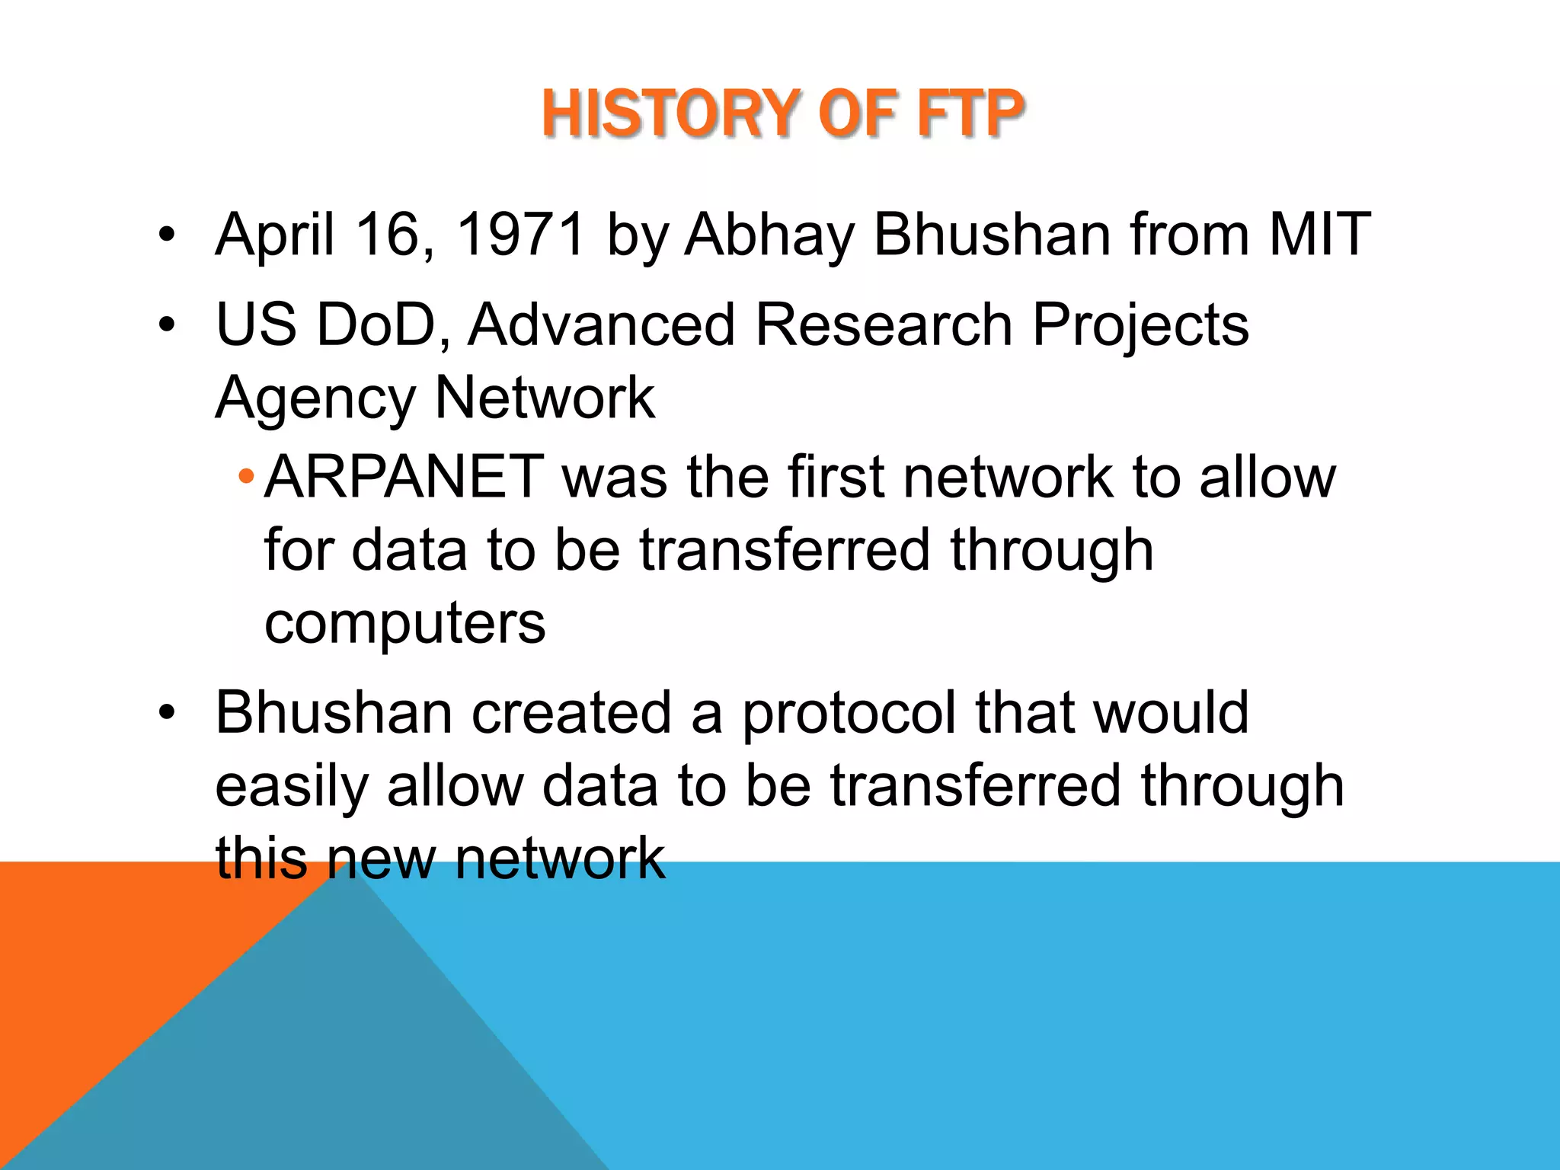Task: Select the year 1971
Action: [x=521, y=234]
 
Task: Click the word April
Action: [x=275, y=235]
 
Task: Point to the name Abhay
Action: [x=769, y=235]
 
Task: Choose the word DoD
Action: [x=374, y=324]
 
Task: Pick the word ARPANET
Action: [x=404, y=477]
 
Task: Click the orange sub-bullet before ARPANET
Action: [x=245, y=478]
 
